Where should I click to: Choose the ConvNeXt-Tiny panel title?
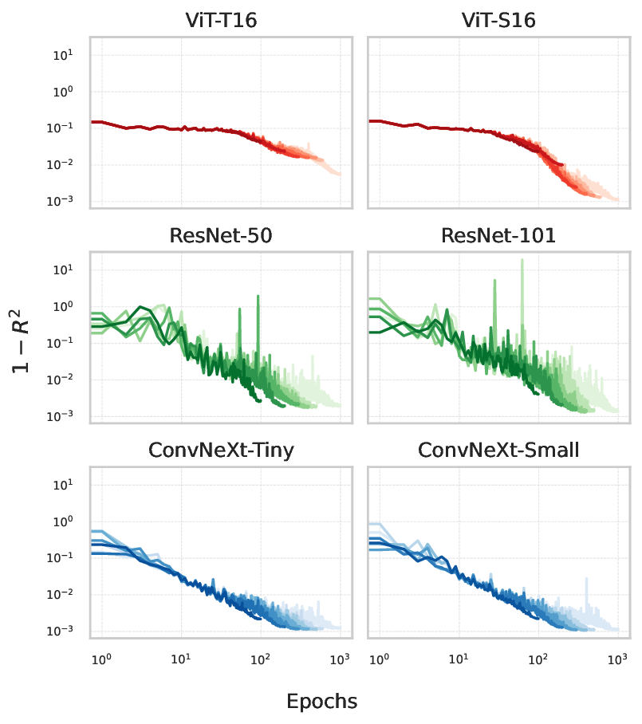click(x=220, y=451)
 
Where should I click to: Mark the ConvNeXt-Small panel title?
click(x=498, y=451)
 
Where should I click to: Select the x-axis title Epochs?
click(x=321, y=702)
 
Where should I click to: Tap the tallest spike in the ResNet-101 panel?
click(x=522, y=260)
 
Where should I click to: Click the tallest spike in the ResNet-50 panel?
click(x=258, y=297)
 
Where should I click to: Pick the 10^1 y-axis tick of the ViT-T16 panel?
click(x=65, y=55)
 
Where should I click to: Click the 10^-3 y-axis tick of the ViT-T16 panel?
click(x=63, y=202)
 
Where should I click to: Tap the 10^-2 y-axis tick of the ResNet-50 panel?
click(x=63, y=380)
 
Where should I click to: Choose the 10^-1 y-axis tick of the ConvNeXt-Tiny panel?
click(x=63, y=558)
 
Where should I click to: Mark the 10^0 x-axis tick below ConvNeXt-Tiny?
click(x=101, y=660)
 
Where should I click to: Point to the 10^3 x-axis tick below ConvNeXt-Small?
click(x=616, y=660)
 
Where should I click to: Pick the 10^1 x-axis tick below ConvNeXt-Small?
click(x=458, y=660)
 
